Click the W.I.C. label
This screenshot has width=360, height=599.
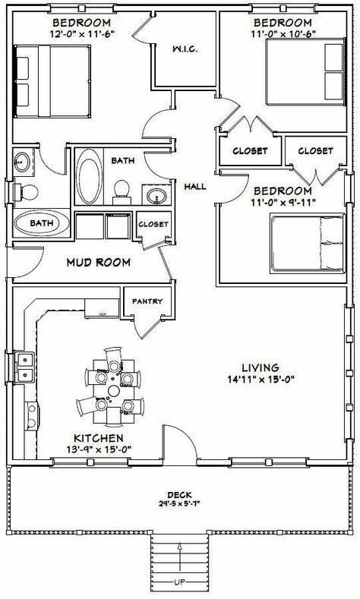click(185, 49)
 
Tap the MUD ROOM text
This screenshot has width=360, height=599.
click(98, 263)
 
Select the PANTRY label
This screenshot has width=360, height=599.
click(147, 301)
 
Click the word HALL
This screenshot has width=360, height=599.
click(195, 187)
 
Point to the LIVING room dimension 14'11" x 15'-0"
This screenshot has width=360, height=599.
click(262, 380)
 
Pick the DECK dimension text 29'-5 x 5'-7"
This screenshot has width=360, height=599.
click(179, 503)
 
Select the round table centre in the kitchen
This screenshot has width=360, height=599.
click(113, 391)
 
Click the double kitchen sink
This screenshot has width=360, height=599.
click(25, 367)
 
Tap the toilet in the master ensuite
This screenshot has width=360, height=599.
click(26, 192)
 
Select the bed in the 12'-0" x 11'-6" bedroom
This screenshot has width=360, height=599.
click(52, 81)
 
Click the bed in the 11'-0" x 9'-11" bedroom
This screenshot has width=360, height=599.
click(308, 244)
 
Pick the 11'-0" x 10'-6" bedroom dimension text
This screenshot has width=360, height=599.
click(283, 33)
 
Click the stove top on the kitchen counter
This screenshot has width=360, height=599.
click(32, 416)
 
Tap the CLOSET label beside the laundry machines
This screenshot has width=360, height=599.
click(153, 224)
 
